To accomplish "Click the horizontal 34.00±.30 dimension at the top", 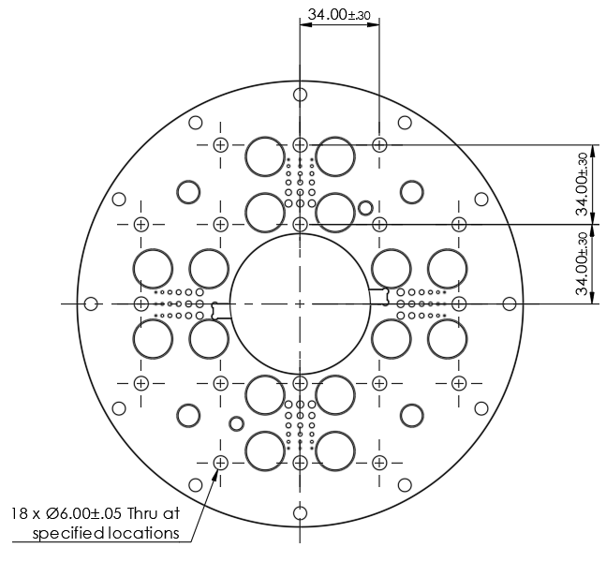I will point(339,15).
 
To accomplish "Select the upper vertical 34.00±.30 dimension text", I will point(583,185).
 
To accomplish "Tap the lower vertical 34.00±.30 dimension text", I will point(583,263).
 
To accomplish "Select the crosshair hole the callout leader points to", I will point(221,463).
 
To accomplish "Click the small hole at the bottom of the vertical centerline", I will point(300,512).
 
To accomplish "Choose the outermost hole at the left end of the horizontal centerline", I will point(91,303).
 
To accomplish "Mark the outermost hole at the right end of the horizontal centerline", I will point(509,303).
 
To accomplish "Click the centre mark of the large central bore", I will point(300,303).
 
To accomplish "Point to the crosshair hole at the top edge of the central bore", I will point(300,224).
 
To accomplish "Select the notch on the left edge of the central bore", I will point(221,310).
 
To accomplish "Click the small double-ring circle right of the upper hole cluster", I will point(366,207).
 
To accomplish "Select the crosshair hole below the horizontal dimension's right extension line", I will point(379,144).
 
